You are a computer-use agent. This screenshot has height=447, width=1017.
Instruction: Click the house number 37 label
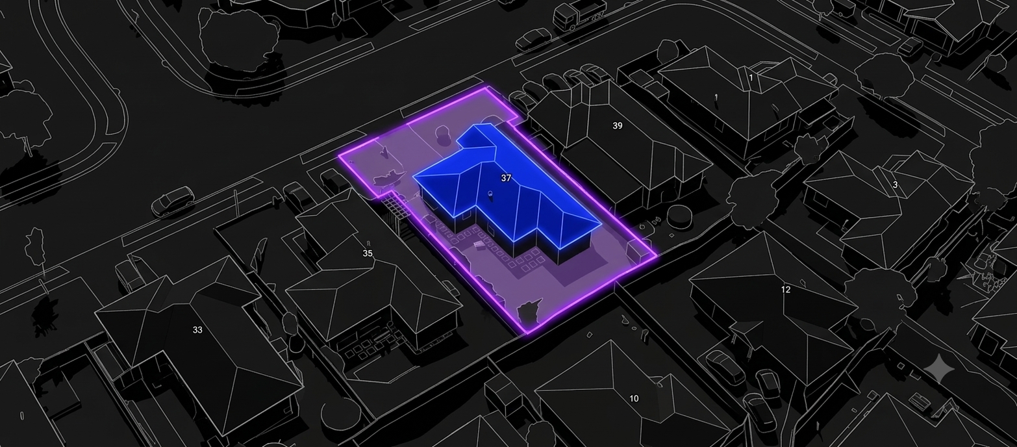[506, 178]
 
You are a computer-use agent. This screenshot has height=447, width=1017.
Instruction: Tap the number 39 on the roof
[617, 125]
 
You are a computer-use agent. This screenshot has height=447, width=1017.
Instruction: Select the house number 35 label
[368, 253]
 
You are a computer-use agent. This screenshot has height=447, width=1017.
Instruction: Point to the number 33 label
[197, 330]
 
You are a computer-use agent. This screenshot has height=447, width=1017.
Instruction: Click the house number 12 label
[785, 289]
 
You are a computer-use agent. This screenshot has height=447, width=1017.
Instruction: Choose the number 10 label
[634, 398]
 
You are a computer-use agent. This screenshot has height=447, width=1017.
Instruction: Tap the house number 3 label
[895, 185]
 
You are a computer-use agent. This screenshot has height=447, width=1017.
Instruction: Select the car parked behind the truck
[533, 38]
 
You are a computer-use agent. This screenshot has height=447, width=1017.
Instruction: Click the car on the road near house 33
[173, 202]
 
